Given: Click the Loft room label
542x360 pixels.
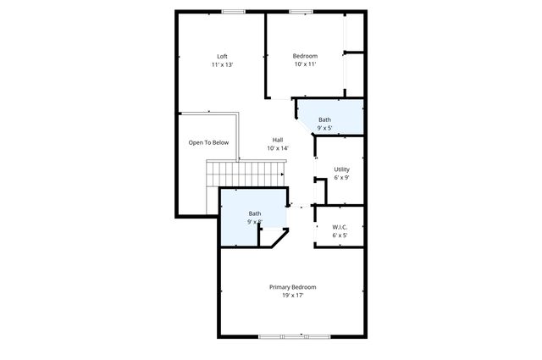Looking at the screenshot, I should click(222, 57).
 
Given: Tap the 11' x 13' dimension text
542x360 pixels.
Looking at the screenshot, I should click(222, 64).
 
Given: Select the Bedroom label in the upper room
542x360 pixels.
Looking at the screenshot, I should click(305, 57).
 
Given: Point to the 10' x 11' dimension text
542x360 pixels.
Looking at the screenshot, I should click(305, 64).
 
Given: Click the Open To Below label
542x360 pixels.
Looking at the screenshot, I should click(208, 142).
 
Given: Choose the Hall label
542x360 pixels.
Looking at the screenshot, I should click(278, 140).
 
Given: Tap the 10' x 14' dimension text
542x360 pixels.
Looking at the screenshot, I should click(278, 148).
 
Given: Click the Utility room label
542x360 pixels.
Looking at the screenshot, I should click(341, 169).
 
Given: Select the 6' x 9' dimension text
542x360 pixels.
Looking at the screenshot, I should click(341, 178).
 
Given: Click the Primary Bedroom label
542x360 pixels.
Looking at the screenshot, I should click(286, 287).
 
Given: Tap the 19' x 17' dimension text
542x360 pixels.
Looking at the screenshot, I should click(286, 296).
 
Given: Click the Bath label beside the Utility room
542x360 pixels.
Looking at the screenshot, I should click(325, 120).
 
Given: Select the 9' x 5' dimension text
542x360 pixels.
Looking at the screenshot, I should click(325, 129).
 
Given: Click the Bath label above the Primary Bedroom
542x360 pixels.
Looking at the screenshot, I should click(255, 213).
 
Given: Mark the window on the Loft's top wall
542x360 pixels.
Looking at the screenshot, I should click(234, 11).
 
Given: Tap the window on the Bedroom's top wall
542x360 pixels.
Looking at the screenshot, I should click(301, 11).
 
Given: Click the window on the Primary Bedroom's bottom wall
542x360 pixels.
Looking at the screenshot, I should click(282, 337).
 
